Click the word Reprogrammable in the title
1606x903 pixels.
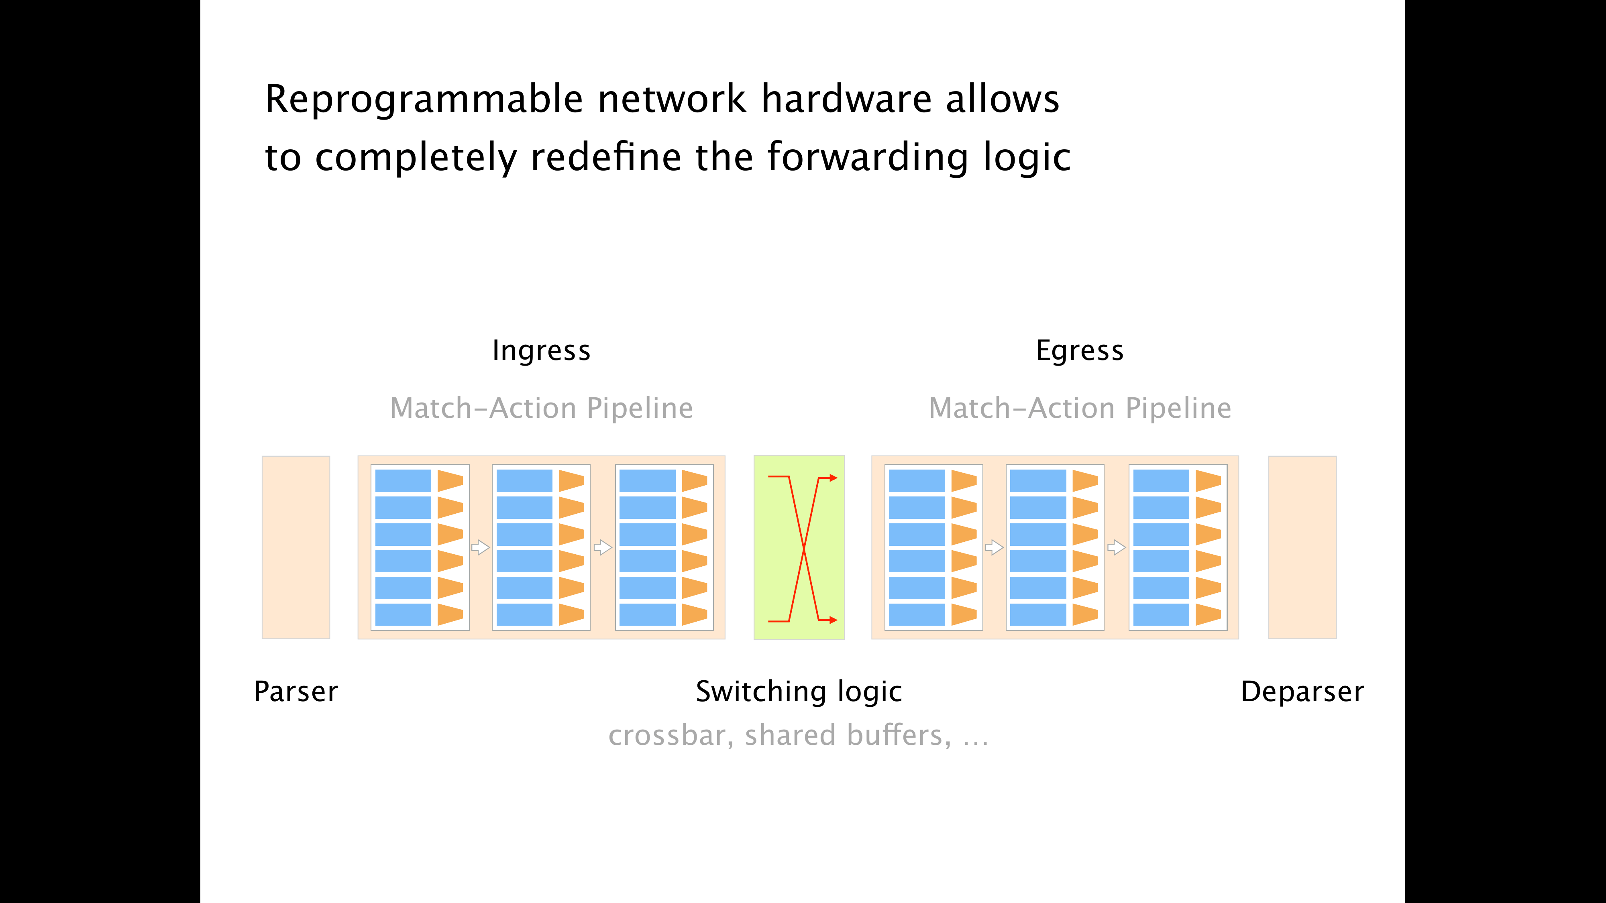click(424, 100)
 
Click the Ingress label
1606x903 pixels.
click(541, 351)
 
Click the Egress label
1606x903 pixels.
click(1080, 351)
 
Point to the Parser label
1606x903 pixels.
click(296, 692)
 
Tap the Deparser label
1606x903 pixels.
click(1302, 692)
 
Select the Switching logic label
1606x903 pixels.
click(799, 692)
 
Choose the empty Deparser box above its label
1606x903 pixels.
click(1302, 547)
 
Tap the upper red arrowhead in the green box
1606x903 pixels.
click(834, 478)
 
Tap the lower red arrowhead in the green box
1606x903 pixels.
click(834, 620)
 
